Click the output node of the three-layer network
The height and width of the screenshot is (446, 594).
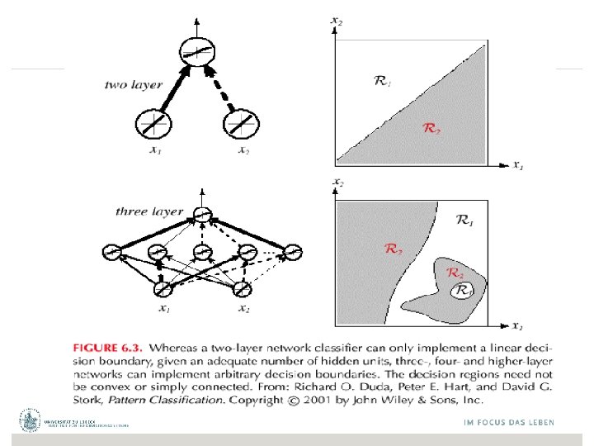pos(201,216)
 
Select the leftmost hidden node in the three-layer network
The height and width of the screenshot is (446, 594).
pos(113,251)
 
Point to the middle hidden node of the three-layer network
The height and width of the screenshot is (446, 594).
pos(202,251)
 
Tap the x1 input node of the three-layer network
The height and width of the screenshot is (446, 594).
pos(163,289)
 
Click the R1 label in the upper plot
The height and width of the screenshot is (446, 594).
pos(384,81)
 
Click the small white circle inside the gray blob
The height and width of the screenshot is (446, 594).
pos(461,290)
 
